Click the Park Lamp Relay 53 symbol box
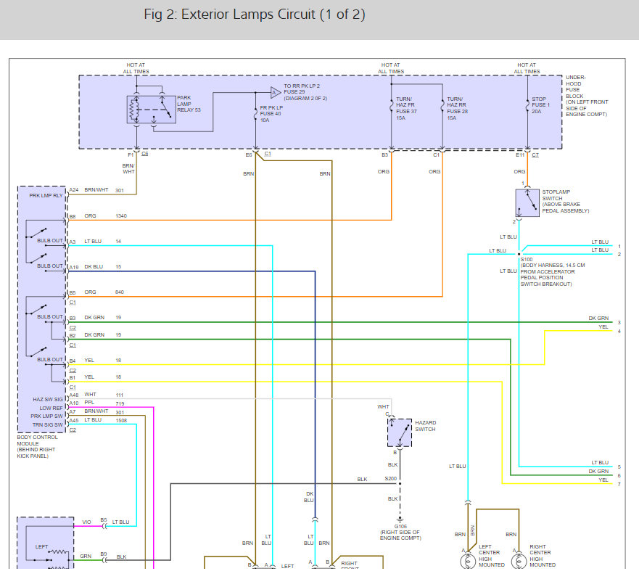(151, 110)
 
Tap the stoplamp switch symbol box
(527, 202)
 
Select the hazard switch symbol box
(400, 432)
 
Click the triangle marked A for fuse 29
(276, 93)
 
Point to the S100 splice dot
(519, 254)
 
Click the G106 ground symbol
(400, 520)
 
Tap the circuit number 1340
(121, 215)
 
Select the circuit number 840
(120, 292)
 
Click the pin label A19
(74, 268)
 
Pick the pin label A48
(74, 395)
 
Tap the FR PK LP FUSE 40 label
(271, 114)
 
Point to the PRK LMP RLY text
(46, 196)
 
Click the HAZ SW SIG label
(48, 400)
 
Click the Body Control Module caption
(37, 446)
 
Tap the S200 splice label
(390, 479)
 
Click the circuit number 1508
(121, 420)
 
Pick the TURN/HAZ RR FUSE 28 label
(457, 108)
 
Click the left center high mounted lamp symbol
(468, 562)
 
